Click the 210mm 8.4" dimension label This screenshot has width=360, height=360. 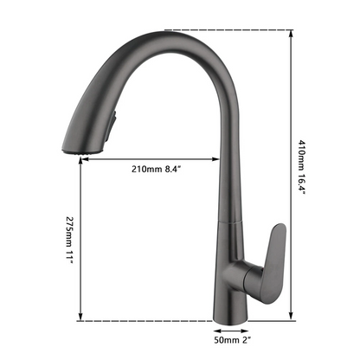156,169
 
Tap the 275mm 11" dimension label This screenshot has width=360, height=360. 69,241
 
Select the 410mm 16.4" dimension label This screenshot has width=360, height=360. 301,168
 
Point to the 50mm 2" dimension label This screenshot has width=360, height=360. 232,340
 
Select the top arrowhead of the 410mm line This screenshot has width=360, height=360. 291,33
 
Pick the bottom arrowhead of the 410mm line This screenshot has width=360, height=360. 291,317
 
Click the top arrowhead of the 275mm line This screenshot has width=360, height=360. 80,160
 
